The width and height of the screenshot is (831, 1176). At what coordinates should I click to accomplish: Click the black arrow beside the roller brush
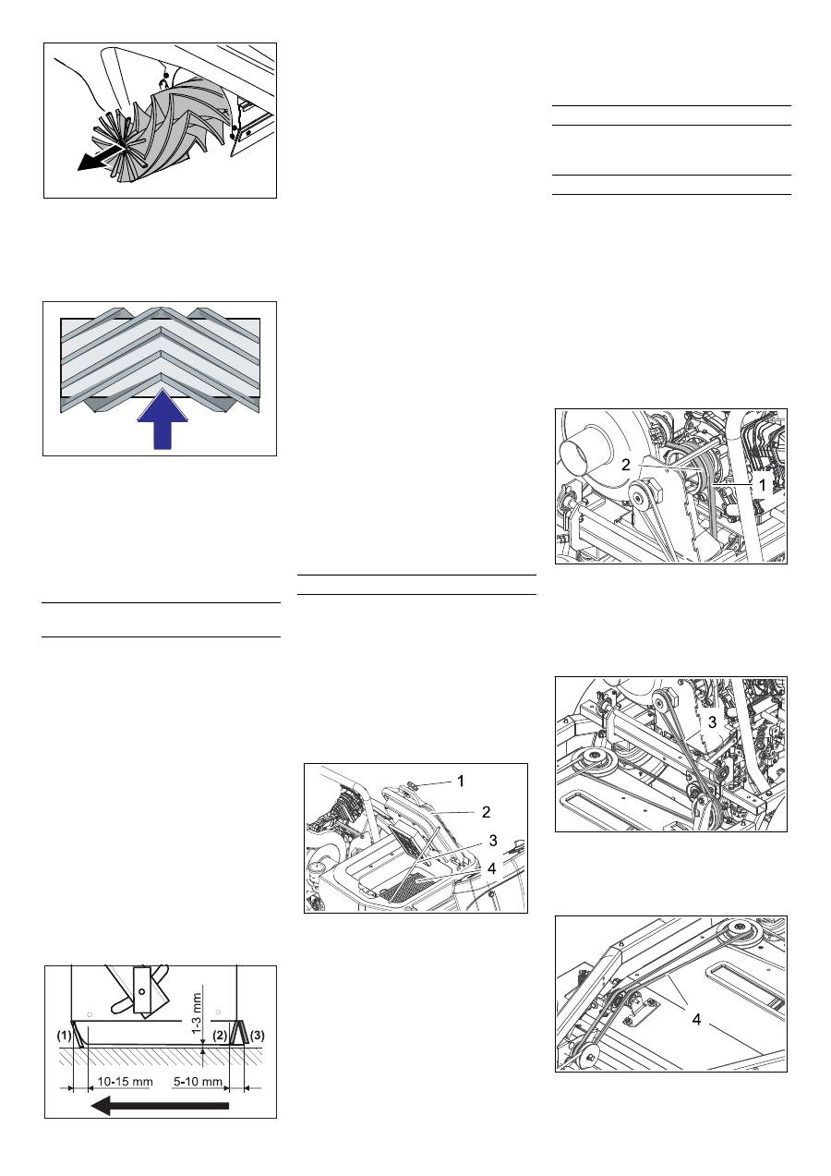point(100,159)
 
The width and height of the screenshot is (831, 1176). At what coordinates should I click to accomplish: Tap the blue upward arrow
point(163,419)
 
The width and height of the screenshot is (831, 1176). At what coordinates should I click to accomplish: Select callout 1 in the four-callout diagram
point(461,782)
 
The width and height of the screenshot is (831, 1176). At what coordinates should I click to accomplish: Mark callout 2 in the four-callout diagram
point(486,812)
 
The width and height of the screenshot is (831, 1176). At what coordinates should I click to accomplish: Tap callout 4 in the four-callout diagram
point(491,869)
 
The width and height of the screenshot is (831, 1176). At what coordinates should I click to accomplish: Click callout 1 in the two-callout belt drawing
point(762,486)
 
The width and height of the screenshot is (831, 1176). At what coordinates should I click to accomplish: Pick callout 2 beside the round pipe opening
point(625,465)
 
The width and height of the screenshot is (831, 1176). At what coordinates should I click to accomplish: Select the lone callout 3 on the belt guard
point(712,722)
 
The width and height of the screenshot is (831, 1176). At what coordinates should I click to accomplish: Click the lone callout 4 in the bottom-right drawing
point(696,1020)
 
